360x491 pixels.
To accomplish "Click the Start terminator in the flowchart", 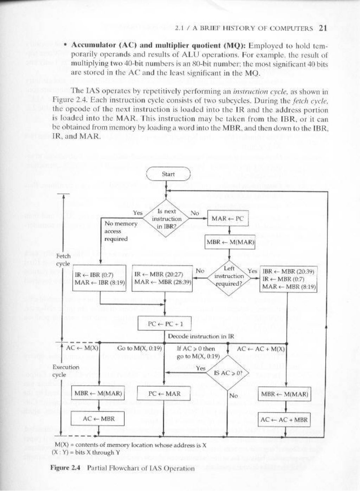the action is [x=168, y=174].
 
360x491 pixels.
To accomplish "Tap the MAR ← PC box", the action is [x=227, y=219].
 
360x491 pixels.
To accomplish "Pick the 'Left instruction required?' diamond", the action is [x=229, y=276].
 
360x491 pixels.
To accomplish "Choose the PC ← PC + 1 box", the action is [x=165, y=324].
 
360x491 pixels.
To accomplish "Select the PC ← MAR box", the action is [x=165, y=393].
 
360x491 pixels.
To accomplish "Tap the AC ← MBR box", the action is [x=98, y=419].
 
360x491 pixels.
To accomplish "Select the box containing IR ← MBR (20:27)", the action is [x=162, y=278].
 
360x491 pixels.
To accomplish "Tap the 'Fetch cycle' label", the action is [x=63, y=260].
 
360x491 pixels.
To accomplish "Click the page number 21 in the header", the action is [x=323, y=28].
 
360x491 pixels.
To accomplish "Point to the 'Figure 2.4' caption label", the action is [x=66, y=468].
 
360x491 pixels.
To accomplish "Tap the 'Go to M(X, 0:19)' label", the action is [x=139, y=348].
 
